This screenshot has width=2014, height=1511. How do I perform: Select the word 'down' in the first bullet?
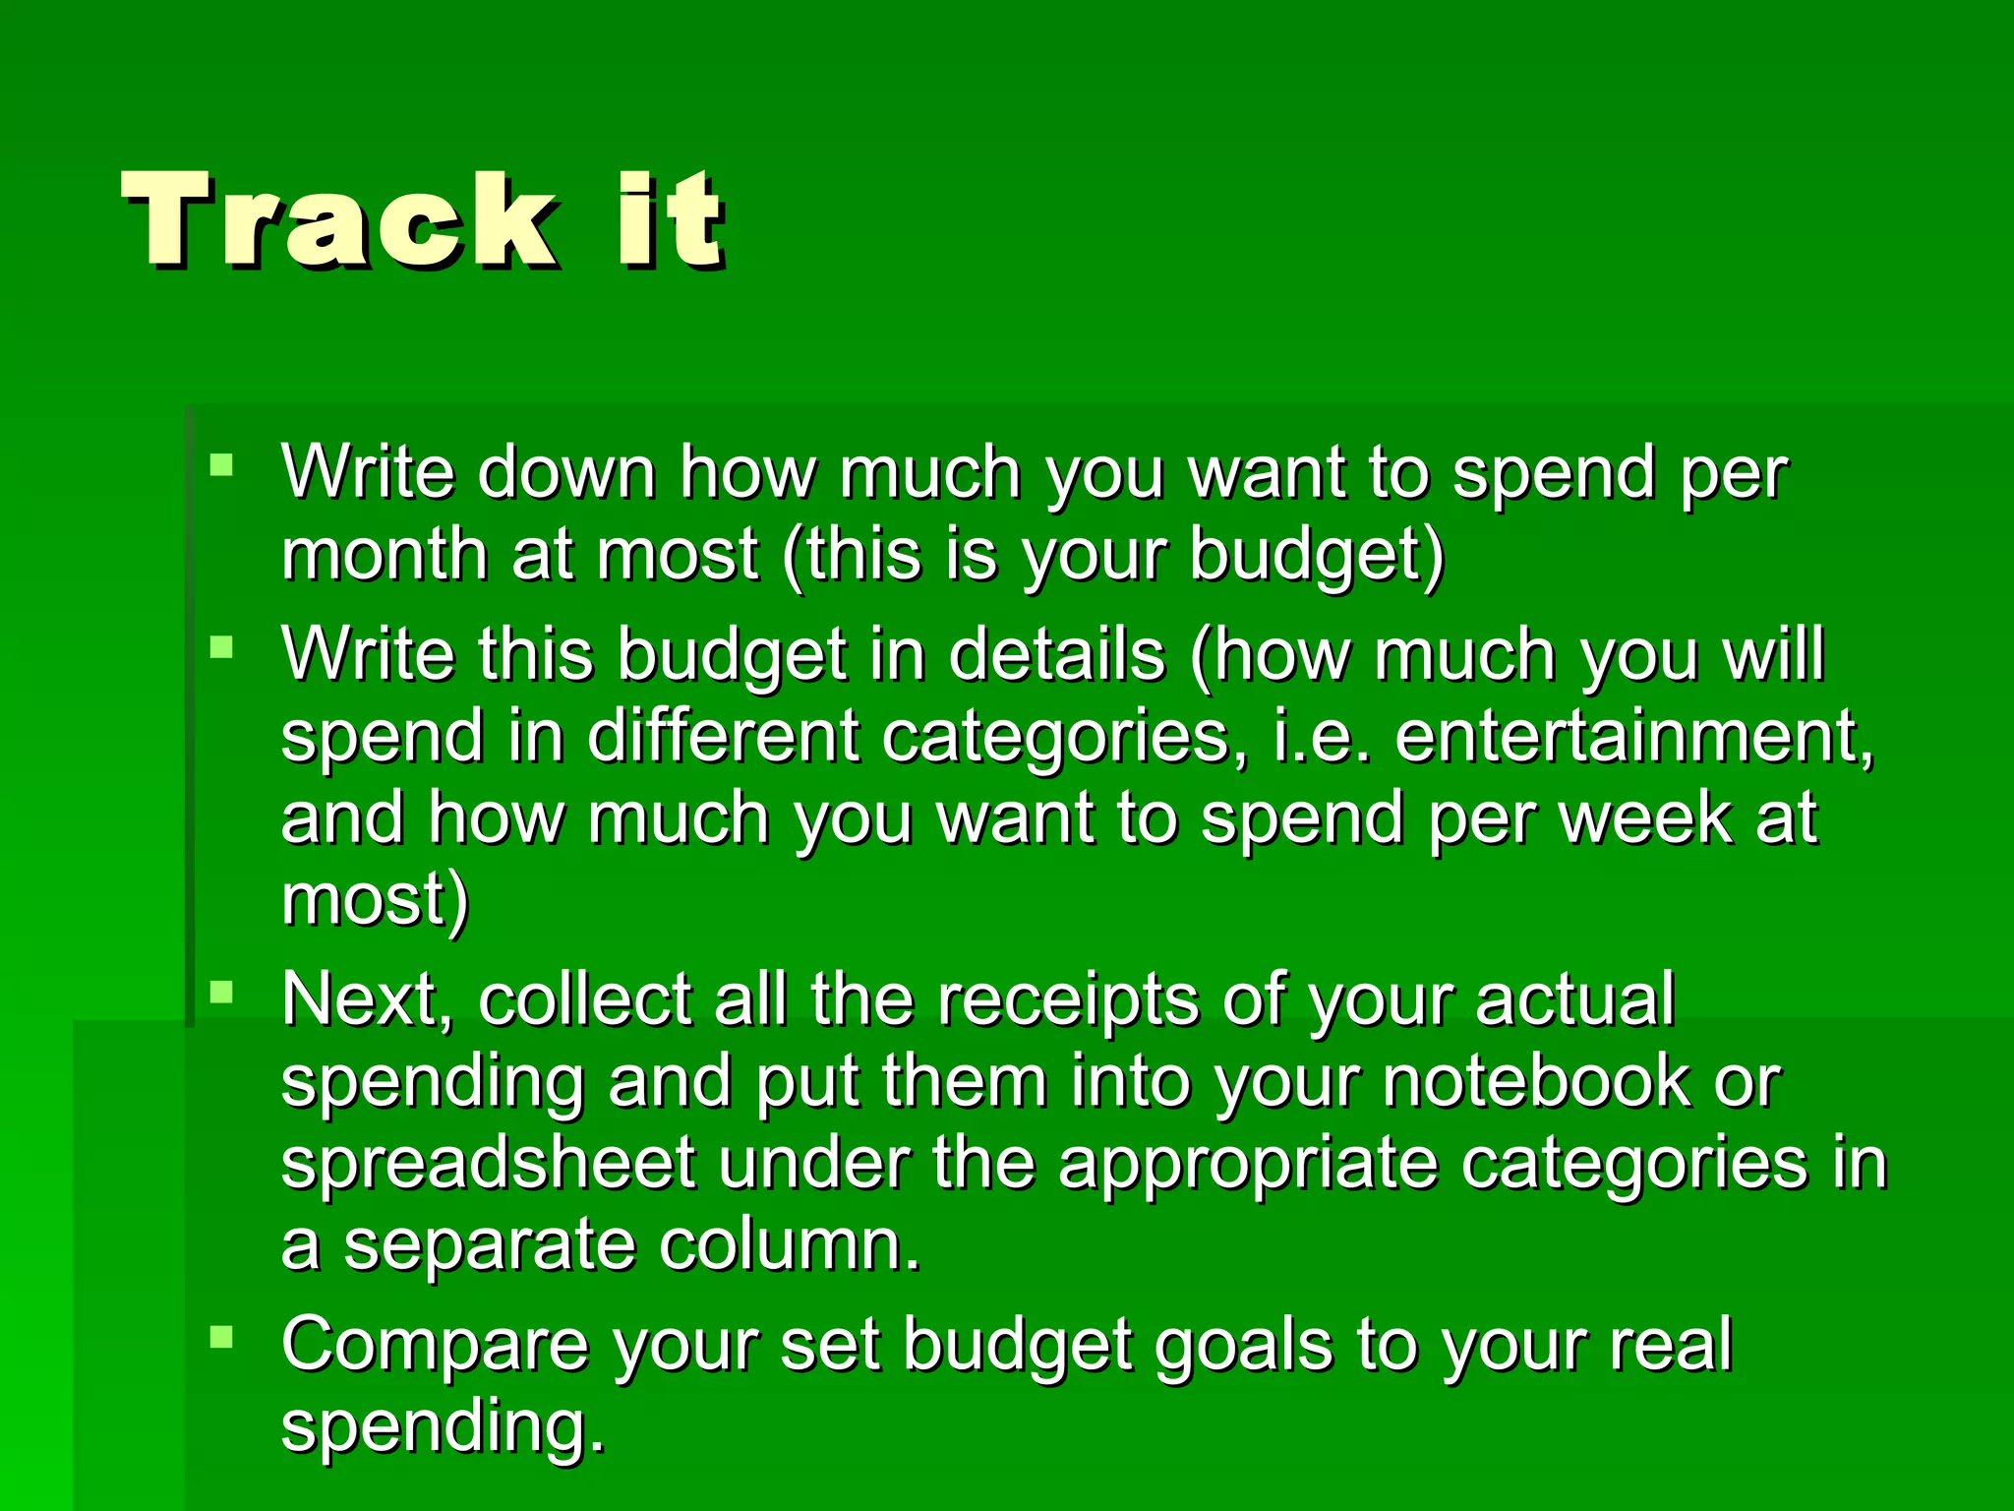click(566, 473)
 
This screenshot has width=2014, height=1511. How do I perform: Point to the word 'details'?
click(1056, 655)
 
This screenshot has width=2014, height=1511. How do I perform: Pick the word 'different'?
click(723, 738)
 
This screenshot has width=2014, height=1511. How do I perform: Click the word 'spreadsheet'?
click(489, 1164)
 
